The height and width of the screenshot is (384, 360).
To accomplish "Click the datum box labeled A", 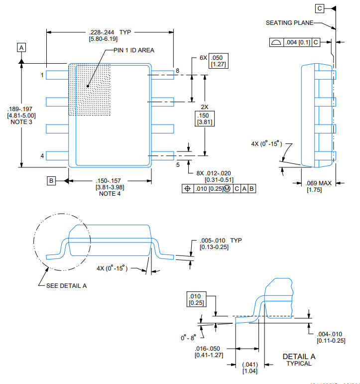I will (x=21, y=47).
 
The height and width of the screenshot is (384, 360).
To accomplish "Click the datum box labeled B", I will (x=51, y=180).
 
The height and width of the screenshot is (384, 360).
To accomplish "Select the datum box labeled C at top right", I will (x=320, y=8).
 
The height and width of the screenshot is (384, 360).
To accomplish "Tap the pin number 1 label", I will (x=42, y=75).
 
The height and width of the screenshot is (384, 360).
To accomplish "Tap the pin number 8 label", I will (x=177, y=71).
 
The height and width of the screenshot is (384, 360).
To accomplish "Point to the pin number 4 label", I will (x=42, y=156).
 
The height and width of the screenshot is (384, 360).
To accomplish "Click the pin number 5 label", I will (x=177, y=165).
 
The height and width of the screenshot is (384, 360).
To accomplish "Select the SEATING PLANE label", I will (x=289, y=23).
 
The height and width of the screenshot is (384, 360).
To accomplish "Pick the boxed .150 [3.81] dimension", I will (x=204, y=119).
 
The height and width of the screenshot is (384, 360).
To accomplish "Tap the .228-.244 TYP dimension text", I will (x=110, y=32).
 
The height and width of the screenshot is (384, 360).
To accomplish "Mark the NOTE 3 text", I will (x=20, y=122).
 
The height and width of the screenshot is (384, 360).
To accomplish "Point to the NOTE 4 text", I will (x=110, y=194).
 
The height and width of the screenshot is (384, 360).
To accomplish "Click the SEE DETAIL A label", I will (x=66, y=285).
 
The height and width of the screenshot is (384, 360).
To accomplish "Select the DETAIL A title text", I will (x=299, y=357).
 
